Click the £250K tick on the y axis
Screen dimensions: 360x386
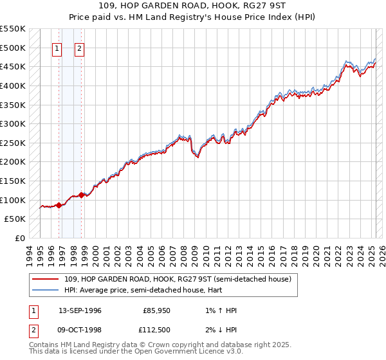click(13, 143)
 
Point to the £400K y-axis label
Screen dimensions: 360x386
click(13, 85)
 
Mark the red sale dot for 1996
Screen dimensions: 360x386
click(59, 205)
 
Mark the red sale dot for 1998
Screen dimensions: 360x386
click(82, 195)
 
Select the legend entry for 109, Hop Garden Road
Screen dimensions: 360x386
click(178, 279)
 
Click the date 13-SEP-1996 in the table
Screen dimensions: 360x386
click(80, 310)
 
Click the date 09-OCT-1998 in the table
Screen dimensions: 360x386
click(80, 330)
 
